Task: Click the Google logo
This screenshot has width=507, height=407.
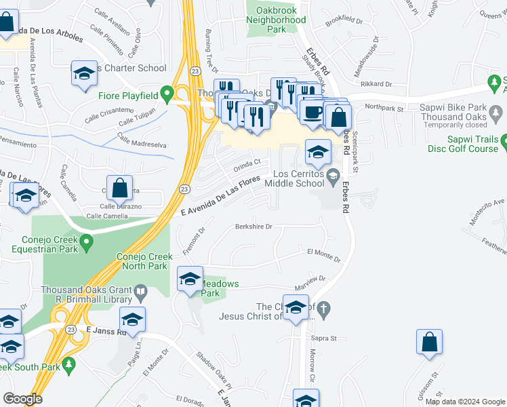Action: pos(22,399)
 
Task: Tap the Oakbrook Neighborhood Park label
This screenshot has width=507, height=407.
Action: pos(275,25)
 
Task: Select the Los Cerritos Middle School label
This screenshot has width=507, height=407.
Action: pos(294,178)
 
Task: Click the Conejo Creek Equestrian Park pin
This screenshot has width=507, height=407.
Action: pos(86,241)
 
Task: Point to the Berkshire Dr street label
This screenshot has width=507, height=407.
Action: pos(254,227)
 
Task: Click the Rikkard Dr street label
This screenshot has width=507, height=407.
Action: pos(377,84)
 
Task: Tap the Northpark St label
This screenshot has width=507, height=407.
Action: pos(383,107)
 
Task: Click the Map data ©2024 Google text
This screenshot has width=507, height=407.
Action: pos(464,402)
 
